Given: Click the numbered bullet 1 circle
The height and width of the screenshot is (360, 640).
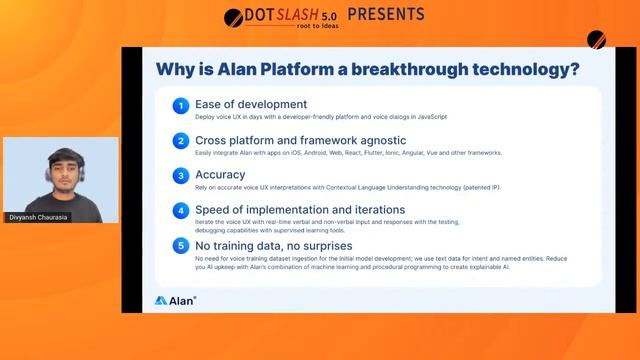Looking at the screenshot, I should pyautogui.click(x=180, y=106).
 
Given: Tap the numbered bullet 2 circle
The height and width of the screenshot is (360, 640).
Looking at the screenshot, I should pyautogui.click(x=180, y=141).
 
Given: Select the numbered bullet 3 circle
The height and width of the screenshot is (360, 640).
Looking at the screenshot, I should pyautogui.click(x=180, y=175).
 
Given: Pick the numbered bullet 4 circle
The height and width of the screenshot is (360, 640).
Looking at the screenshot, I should pyautogui.click(x=180, y=210).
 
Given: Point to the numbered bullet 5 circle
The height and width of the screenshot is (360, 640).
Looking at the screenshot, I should pyautogui.click(x=180, y=245).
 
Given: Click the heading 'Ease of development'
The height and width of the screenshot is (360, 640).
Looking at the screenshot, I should pyautogui.click(x=251, y=104).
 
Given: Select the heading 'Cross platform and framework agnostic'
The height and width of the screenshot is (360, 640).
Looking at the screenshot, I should pyautogui.click(x=300, y=140).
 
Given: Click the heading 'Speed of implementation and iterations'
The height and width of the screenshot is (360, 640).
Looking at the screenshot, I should pyautogui.click(x=300, y=209).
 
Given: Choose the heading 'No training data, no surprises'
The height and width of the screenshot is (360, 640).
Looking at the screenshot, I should pyautogui.click(x=273, y=244).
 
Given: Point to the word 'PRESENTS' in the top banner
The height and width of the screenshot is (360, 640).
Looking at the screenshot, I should pyautogui.click(x=385, y=14).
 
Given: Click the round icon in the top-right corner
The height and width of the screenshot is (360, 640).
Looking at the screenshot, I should pyautogui.click(x=597, y=40).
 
